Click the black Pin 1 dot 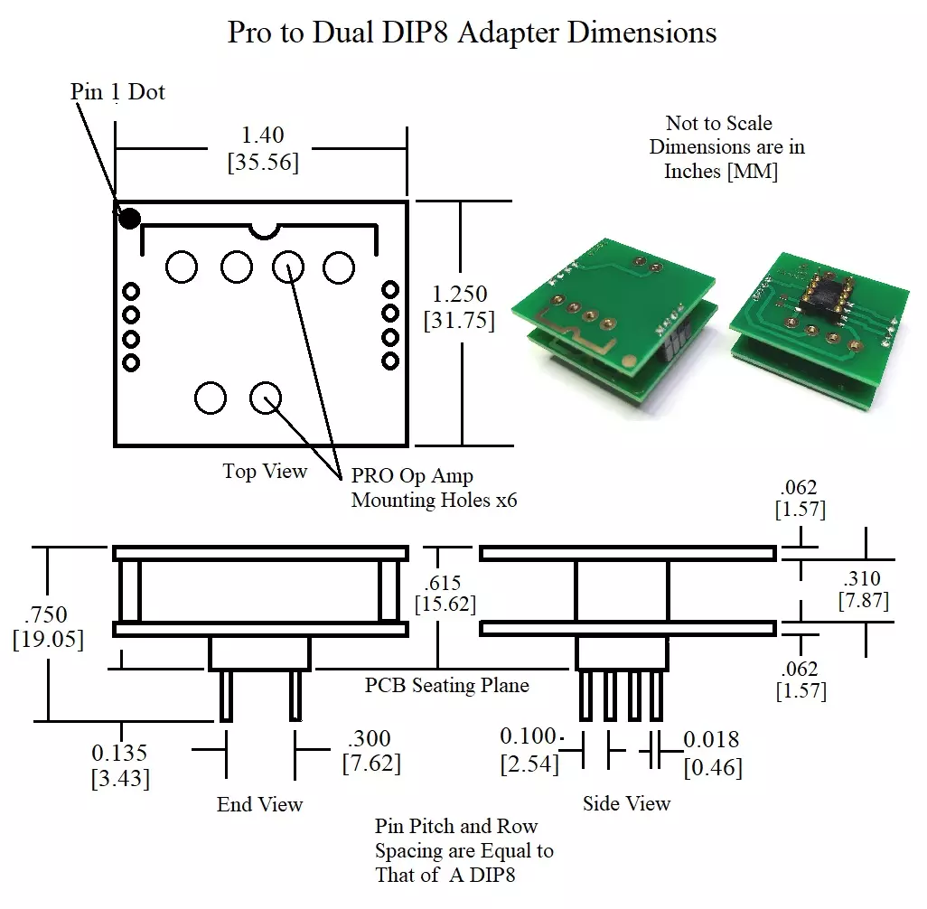[130, 218]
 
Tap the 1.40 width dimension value [263, 136]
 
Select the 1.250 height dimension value [460, 294]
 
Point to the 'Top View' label [265, 472]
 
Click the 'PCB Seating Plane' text [446, 685]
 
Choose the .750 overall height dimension [47, 614]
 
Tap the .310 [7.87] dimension [863, 588]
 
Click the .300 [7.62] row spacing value [370, 751]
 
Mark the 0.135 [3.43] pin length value [119, 764]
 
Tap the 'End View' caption [259, 804]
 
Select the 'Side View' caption [626, 803]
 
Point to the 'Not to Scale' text [719, 123]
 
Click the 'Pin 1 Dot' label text [117, 91]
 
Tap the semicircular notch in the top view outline [264, 231]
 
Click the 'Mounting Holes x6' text [434, 500]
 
